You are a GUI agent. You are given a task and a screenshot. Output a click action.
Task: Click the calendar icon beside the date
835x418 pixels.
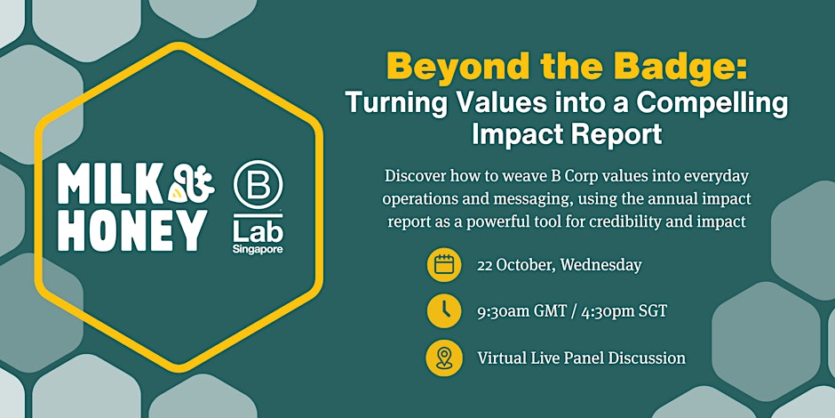[x=443, y=264]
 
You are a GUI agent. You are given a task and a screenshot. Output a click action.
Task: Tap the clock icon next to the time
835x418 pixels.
[x=443, y=311]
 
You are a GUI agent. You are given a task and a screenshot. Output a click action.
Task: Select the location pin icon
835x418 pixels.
[x=443, y=358]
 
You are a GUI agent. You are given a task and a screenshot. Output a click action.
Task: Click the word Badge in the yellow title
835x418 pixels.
[x=692, y=68]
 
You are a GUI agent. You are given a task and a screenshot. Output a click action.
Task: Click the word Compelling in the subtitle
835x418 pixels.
[x=712, y=103]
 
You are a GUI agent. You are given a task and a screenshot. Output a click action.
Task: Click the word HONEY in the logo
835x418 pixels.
[x=131, y=230]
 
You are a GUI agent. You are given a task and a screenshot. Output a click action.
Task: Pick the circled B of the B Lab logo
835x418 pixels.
[x=258, y=184]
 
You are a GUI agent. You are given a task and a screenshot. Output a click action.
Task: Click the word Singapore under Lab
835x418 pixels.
[x=258, y=249]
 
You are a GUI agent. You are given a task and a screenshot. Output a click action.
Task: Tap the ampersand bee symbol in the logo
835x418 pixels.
[x=192, y=183]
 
